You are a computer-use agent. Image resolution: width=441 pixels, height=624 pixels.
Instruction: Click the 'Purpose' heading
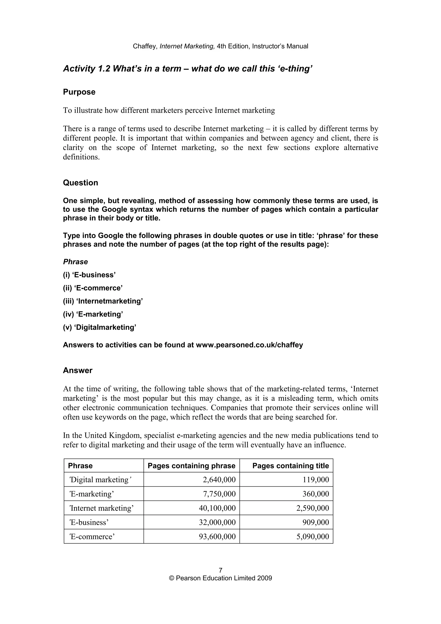[79, 92]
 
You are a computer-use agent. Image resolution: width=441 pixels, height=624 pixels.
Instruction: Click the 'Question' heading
[81, 183]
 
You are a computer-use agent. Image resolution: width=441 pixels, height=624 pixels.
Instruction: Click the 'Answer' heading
[78, 370]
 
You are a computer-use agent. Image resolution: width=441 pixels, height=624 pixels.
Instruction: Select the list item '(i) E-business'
[89, 275]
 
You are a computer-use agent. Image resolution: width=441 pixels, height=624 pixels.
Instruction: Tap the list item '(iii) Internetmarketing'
[103, 301]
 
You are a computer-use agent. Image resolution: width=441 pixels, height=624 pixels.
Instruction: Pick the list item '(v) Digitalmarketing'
[99, 327]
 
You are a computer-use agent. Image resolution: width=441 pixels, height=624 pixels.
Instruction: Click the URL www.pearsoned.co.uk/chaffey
[249, 345]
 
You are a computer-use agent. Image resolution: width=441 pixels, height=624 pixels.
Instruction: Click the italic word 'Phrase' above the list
[76, 262]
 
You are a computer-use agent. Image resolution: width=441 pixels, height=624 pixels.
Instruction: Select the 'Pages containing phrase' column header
[191, 466]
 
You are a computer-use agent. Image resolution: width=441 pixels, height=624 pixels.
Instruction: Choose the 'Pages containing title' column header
[290, 466]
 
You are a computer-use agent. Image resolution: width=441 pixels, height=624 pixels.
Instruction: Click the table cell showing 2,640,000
[219, 480]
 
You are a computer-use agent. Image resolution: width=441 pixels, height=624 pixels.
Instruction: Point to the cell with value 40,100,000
[217, 508]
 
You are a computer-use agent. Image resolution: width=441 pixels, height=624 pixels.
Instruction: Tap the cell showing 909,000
[315, 522]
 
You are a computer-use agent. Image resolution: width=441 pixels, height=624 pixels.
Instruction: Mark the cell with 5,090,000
[312, 537]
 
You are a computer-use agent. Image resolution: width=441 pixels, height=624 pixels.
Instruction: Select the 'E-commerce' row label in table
[92, 537]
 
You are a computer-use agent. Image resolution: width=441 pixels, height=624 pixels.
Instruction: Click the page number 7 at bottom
[220, 570]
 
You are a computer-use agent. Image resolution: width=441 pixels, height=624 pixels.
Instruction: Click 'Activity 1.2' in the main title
[87, 68]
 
